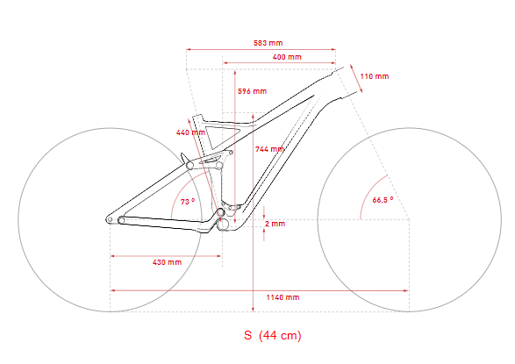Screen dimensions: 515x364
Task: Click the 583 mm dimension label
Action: pyautogui.click(x=268, y=43)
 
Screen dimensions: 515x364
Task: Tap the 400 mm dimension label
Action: pyautogui.click(x=287, y=57)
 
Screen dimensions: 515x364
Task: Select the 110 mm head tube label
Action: pyautogui.click(x=375, y=76)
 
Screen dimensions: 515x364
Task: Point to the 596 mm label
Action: pyautogui.click(x=252, y=91)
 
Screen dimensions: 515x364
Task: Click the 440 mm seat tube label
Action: pyautogui.click(x=190, y=132)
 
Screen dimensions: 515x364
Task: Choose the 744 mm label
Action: pyautogui.click(x=269, y=149)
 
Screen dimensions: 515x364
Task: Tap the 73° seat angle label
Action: pyautogui.click(x=188, y=201)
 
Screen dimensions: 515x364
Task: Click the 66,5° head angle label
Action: pyautogui.click(x=383, y=200)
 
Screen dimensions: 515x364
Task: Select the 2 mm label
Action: pyautogui.click(x=275, y=224)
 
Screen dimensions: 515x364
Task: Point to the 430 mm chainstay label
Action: pyautogui.click(x=167, y=262)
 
